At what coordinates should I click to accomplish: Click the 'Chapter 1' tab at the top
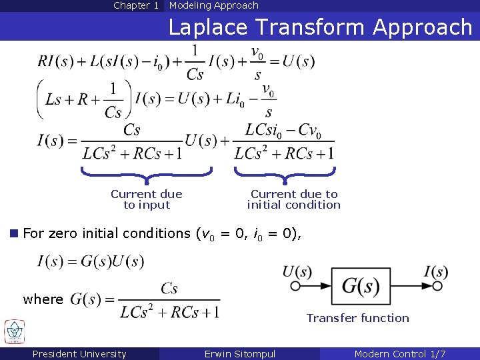tap(136, 5)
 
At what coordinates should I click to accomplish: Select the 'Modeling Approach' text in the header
tap(213, 5)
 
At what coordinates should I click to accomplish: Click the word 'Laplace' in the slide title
tap(209, 27)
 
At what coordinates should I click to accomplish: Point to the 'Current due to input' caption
tap(147, 199)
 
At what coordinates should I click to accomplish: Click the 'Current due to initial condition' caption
tap(293, 199)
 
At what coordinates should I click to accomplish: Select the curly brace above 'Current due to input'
tap(147, 175)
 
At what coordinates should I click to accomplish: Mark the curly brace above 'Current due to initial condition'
tap(285, 175)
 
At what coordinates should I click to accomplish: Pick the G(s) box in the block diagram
tap(361, 287)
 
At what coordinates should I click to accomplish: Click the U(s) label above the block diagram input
tap(297, 271)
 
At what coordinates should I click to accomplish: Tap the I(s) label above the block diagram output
tap(436, 271)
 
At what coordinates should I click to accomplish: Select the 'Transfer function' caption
tap(357, 318)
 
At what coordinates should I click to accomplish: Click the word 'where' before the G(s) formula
tap(43, 299)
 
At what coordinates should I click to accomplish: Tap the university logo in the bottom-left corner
tap(13, 331)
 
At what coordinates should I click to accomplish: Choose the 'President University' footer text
tap(79, 354)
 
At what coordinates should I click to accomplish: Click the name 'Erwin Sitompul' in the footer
tap(240, 354)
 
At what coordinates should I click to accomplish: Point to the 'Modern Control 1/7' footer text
tap(400, 354)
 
